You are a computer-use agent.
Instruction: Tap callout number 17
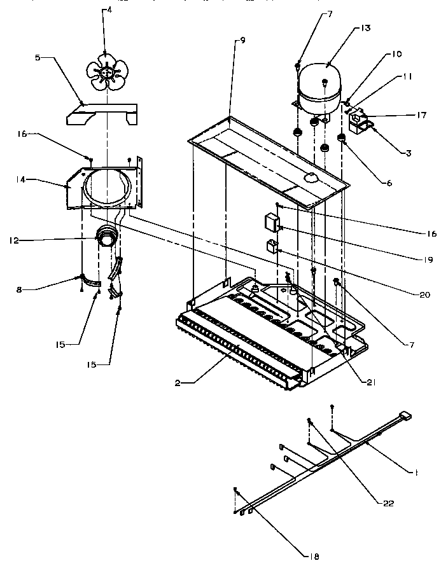[x=421, y=115]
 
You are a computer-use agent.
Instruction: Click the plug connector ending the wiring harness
[x=403, y=417]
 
